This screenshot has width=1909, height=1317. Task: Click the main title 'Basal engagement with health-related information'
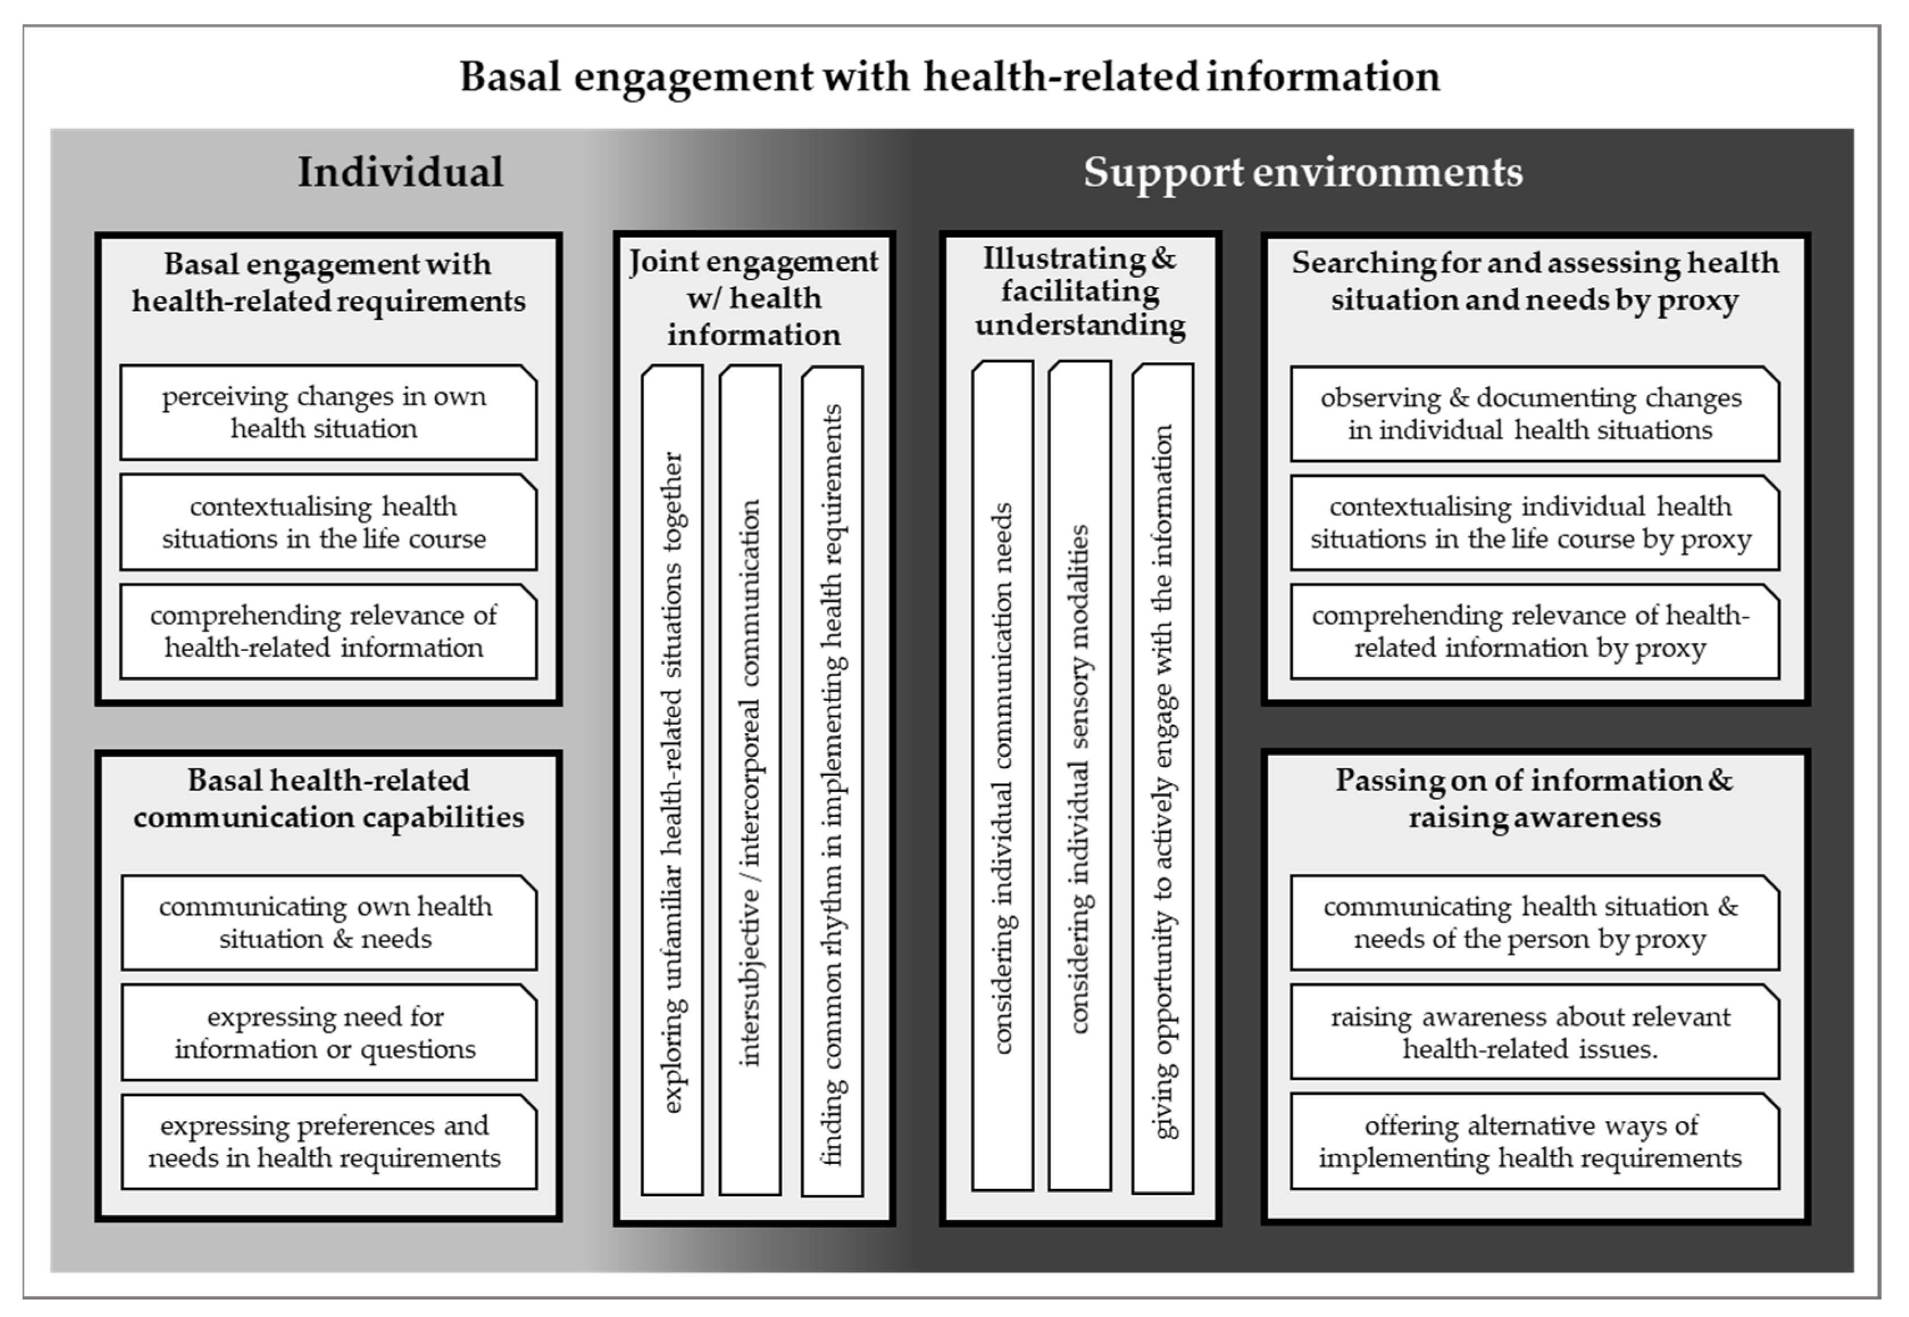[x=949, y=77]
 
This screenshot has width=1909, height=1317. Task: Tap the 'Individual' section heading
[x=400, y=173]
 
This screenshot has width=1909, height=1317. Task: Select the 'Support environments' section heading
[x=1303, y=173]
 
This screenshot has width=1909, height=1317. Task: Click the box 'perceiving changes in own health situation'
[x=327, y=412]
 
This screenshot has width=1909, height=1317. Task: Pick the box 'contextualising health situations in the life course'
[x=327, y=522]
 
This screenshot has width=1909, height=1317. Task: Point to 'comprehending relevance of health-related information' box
[x=327, y=631]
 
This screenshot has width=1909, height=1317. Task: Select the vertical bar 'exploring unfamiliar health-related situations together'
[x=672, y=780]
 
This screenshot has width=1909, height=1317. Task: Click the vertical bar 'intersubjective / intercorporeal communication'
[x=750, y=780]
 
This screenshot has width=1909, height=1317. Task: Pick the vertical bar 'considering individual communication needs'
[x=1002, y=776]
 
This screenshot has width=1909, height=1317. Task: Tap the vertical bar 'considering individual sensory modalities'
[x=1080, y=776]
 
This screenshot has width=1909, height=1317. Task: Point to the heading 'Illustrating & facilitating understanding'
[x=1080, y=292]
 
